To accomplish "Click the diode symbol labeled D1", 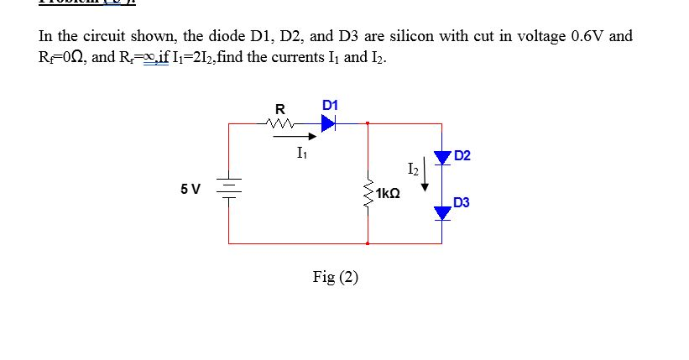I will (327, 124).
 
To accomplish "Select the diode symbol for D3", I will (442, 214).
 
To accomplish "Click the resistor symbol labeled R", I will (280, 124).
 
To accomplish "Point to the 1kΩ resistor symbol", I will (367, 192).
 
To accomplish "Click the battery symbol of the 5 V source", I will (229, 187).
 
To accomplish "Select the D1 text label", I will (330, 105).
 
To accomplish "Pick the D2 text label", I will (462, 156).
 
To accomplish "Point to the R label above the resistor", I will (280, 108).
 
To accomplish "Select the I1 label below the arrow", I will (302, 153).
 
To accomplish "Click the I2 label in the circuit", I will (410, 169).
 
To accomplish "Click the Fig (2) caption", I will (335, 276).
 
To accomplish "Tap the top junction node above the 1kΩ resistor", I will (367, 124).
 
